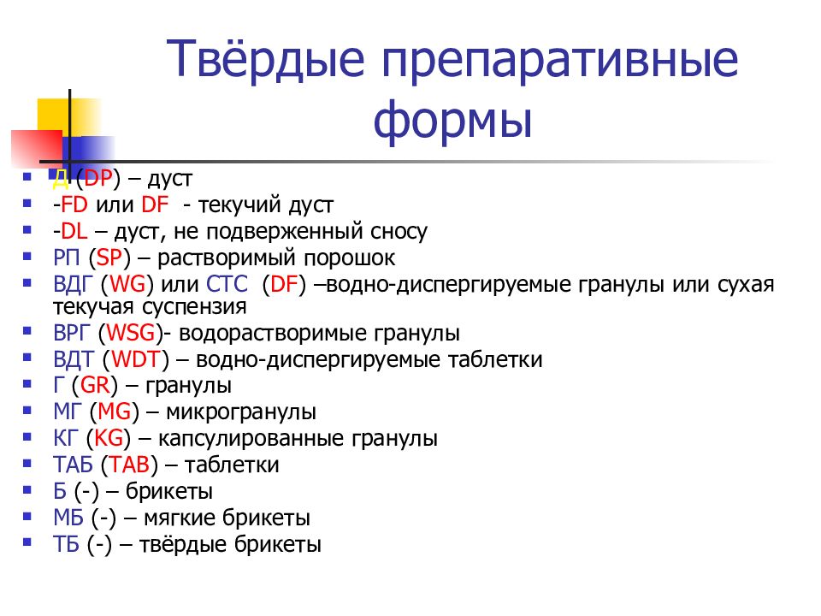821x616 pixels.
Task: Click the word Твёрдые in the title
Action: (x=265, y=59)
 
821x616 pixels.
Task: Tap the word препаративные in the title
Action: (x=559, y=62)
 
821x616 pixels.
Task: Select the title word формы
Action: (x=452, y=120)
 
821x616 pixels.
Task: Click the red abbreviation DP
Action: (x=98, y=178)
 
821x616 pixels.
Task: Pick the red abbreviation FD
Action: (x=74, y=204)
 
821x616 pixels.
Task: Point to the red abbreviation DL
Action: (x=74, y=231)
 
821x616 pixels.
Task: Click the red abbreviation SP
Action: (x=109, y=258)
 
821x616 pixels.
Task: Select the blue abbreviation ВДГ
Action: (x=72, y=284)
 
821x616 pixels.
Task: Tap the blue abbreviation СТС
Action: (x=227, y=284)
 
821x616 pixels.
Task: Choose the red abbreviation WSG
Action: (x=131, y=333)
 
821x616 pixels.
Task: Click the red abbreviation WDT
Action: (x=136, y=359)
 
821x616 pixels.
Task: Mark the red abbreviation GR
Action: (x=95, y=385)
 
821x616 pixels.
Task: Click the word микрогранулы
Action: (x=241, y=412)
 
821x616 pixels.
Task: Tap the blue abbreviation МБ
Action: (x=68, y=518)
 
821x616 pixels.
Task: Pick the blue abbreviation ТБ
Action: (x=67, y=544)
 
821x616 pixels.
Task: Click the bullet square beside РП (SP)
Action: (x=27, y=256)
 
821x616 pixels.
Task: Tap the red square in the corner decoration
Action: (x=37, y=148)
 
